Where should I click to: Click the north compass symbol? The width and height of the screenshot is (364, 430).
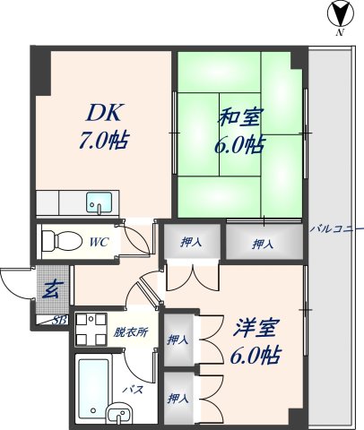(340, 15)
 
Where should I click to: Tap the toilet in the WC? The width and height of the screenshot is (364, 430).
(59, 241)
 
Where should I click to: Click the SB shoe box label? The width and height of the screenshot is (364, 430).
(60, 320)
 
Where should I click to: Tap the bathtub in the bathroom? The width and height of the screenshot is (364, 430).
(92, 381)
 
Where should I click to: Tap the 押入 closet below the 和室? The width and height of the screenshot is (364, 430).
(263, 244)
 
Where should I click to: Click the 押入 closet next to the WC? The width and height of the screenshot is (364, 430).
(190, 243)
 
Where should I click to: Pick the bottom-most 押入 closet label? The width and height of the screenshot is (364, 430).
(178, 397)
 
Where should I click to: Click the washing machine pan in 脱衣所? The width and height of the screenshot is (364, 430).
(89, 328)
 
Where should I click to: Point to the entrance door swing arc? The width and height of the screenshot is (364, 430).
(13, 283)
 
